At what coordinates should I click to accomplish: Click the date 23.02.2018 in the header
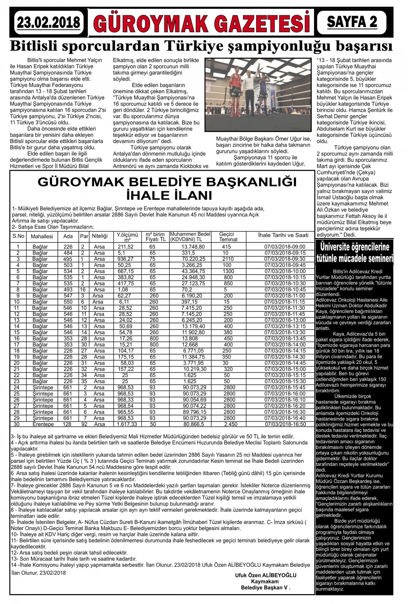click(48, 23)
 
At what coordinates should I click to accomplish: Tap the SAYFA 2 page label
click(352, 22)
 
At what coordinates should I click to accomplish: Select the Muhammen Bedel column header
click(190, 237)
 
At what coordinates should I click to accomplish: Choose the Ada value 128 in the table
click(68, 424)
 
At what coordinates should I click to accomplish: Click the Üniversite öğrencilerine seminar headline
click(355, 252)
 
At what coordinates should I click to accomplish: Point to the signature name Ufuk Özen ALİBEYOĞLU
click(266, 575)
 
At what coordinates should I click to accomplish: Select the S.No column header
click(18, 236)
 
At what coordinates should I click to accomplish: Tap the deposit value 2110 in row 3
click(228, 259)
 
